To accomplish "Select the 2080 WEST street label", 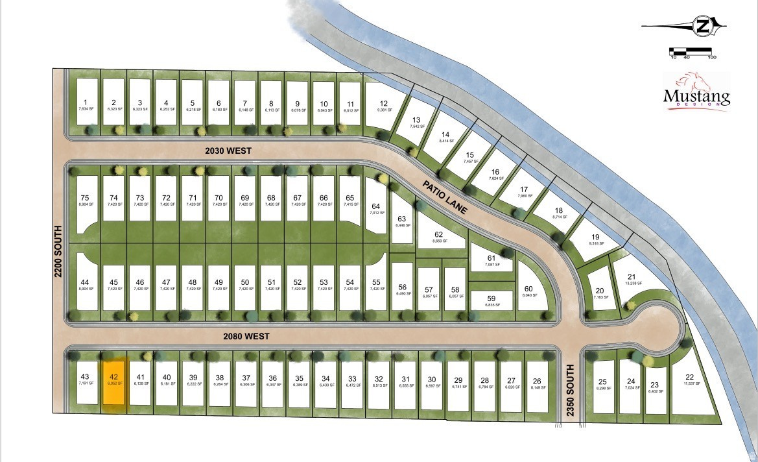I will click(x=246, y=336).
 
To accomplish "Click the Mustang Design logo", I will click(x=696, y=92).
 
